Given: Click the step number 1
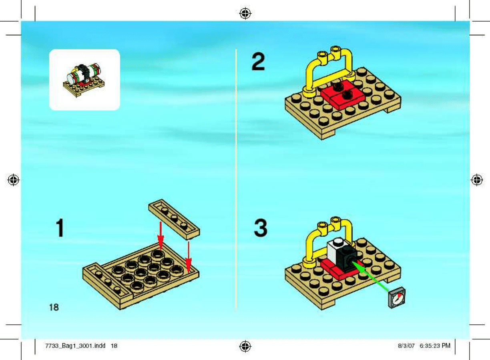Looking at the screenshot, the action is [60, 227].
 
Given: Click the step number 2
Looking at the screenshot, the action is [258, 62].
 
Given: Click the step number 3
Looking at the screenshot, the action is [261, 227].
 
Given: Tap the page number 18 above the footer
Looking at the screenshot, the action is [54, 307].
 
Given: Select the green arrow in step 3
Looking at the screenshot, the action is [371, 277].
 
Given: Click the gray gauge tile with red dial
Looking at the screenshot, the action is [397, 298].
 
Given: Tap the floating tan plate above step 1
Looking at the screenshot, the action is [174, 219].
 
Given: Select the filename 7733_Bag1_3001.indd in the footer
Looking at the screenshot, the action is [75, 346].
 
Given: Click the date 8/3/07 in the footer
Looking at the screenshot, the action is [406, 346].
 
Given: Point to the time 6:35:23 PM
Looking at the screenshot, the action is [435, 346].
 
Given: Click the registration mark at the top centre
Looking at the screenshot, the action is [245, 14].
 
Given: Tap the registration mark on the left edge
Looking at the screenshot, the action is [13, 180].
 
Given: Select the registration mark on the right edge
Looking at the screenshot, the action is [477, 180].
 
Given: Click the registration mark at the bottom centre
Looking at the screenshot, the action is [245, 346].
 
